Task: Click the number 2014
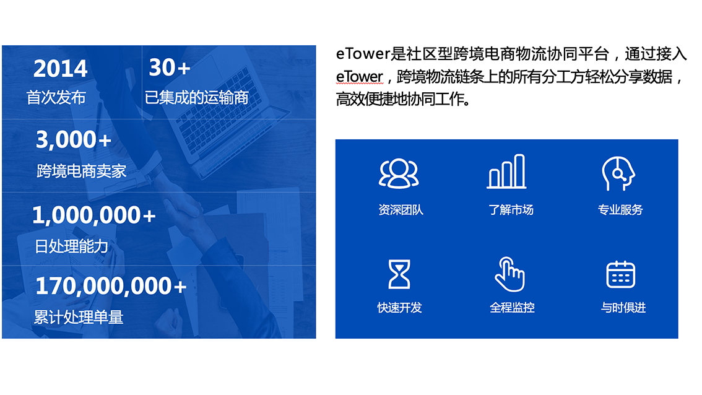(x=60, y=69)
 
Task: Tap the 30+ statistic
(x=169, y=67)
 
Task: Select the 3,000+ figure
(x=73, y=140)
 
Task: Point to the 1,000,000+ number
(x=93, y=215)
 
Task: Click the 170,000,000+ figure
(x=110, y=286)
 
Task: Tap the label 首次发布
(x=56, y=97)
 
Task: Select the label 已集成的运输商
(x=196, y=97)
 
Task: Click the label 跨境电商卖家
(x=81, y=171)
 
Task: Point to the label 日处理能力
(x=71, y=246)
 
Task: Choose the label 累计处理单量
(x=79, y=318)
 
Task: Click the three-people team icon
(x=399, y=173)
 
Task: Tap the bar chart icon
(x=507, y=171)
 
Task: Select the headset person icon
(x=618, y=173)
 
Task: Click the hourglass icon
(x=399, y=274)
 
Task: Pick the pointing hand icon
(x=509, y=274)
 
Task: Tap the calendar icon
(x=620, y=274)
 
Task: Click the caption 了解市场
(x=511, y=210)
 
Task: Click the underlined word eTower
(x=360, y=77)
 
